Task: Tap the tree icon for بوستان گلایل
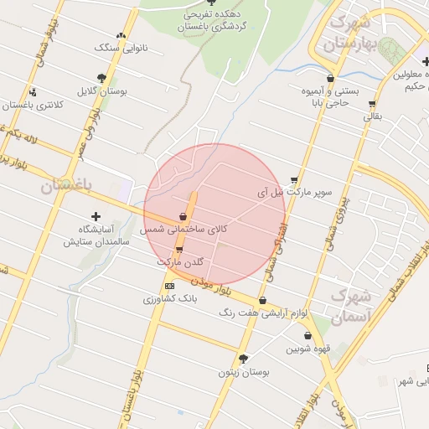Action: point(101,78)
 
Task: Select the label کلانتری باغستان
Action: point(33,105)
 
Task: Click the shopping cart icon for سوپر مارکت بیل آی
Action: point(294,180)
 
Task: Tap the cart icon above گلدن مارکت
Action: point(178,250)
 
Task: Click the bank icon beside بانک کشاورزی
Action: point(170,286)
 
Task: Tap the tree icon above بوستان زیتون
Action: point(244,359)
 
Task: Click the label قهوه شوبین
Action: point(308,349)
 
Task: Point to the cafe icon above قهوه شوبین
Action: point(308,336)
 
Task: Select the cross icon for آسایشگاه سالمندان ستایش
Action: point(96,217)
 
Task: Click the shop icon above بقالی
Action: point(372,105)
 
